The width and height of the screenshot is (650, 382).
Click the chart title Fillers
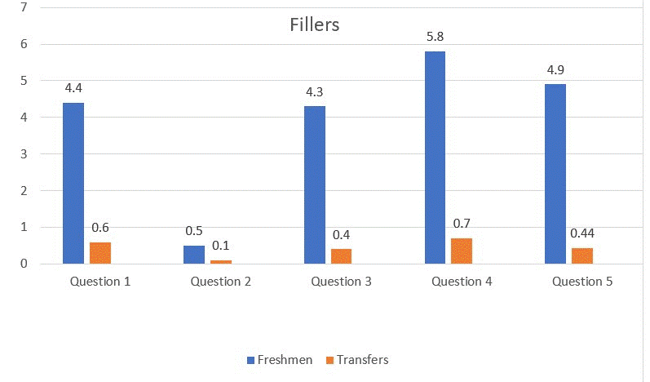[x=314, y=24]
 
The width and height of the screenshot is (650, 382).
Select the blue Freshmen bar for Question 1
[x=73, y=183]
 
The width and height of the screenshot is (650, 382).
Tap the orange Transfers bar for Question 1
[x=100, y=253]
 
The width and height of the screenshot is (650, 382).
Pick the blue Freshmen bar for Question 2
[x=194, y=255]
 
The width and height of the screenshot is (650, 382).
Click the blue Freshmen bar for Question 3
[x=315, y=185]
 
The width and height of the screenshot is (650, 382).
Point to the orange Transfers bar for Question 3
[x=342, y=256]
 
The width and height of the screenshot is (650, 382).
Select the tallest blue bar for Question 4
[x=435, y=158]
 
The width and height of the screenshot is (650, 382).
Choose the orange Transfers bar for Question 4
[x=462, y=251]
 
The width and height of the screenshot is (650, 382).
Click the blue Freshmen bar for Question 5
[x=555, y=174]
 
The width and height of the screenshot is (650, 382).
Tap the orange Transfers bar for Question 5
[x=582, y=255]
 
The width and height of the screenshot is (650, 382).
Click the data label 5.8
[x=435, y=38]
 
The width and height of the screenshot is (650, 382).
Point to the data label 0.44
[x=582, y=233]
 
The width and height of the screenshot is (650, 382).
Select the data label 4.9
[x=555, y=70]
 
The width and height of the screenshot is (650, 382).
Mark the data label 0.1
[x=221, y=245]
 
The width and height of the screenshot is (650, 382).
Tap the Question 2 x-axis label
[x=221, y=282]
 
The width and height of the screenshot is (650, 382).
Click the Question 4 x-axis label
[x=462, y=282]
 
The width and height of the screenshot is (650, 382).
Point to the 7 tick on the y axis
[x=23, y=7]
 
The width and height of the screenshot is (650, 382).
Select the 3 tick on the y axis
[x=23, y=154]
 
